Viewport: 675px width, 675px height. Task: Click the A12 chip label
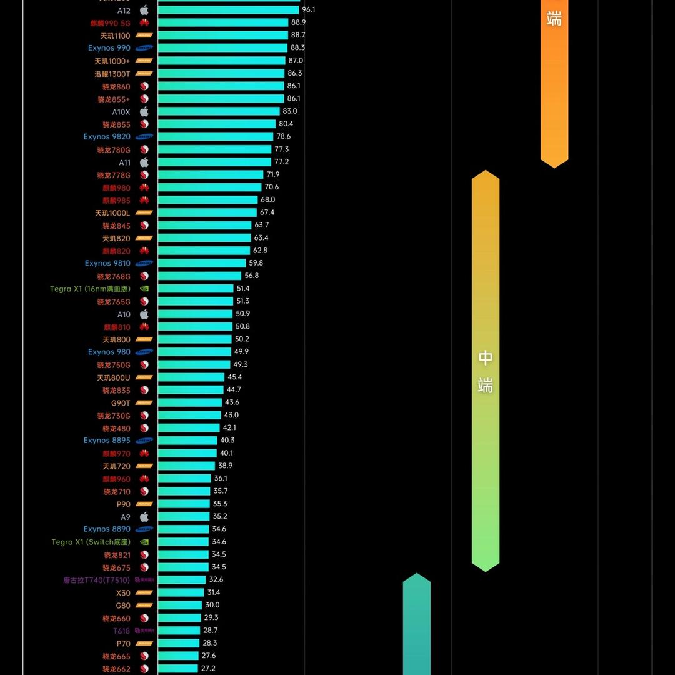coord(124,11)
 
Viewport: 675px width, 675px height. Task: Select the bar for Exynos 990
coord(222,48)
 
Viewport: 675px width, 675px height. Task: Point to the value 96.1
coord(308,10)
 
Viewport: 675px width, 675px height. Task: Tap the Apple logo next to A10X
coord(144,112)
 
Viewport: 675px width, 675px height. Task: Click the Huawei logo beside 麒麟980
coord(144,187)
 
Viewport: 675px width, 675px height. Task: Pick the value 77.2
coord(281,162)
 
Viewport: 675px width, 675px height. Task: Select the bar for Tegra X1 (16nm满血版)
coord(196,289)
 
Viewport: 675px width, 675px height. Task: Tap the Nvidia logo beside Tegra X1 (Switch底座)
coord(144,542)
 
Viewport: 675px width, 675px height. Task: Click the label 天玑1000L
coord(112,213)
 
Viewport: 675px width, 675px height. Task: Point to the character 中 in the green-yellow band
coord(486,358)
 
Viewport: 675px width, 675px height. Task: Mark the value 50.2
coord(242,339)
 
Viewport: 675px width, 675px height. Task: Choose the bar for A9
coord(183,517)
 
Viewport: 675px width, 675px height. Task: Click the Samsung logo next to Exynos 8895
coord(144,441)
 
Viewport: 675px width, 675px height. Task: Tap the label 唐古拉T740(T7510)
coord(96,580)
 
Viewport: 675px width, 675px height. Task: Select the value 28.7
coord(210,631)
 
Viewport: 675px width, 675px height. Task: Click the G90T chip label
coord(121,403)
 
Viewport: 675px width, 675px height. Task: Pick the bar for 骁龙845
coord(204,226)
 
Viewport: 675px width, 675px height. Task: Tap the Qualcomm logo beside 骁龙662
coord(144,669)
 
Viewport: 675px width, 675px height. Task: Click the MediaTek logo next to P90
coord(144,504)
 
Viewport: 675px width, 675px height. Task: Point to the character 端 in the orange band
coord(554,19)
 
